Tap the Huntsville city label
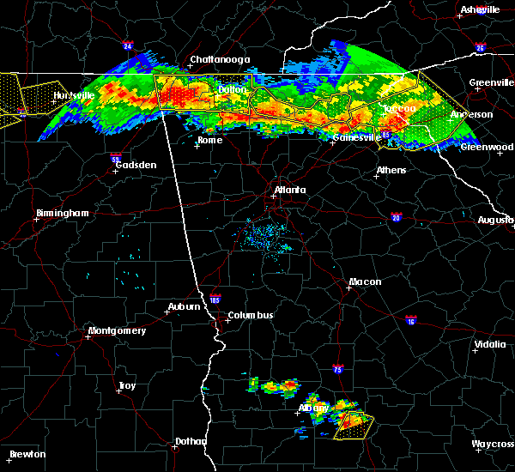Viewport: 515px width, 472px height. tap(74, 95)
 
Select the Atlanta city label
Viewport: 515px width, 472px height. tap(290, 190)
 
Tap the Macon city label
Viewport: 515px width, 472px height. tap(365, 281)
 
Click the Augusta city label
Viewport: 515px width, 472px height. tap(495, 220)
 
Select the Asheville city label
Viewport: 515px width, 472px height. tap(480, 9)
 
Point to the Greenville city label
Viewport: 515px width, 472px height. tap(492, 83)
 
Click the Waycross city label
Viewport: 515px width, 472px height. tap(493, 444)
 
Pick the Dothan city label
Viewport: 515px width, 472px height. tap(191, 441)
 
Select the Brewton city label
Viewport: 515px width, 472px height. tap(27, 454)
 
